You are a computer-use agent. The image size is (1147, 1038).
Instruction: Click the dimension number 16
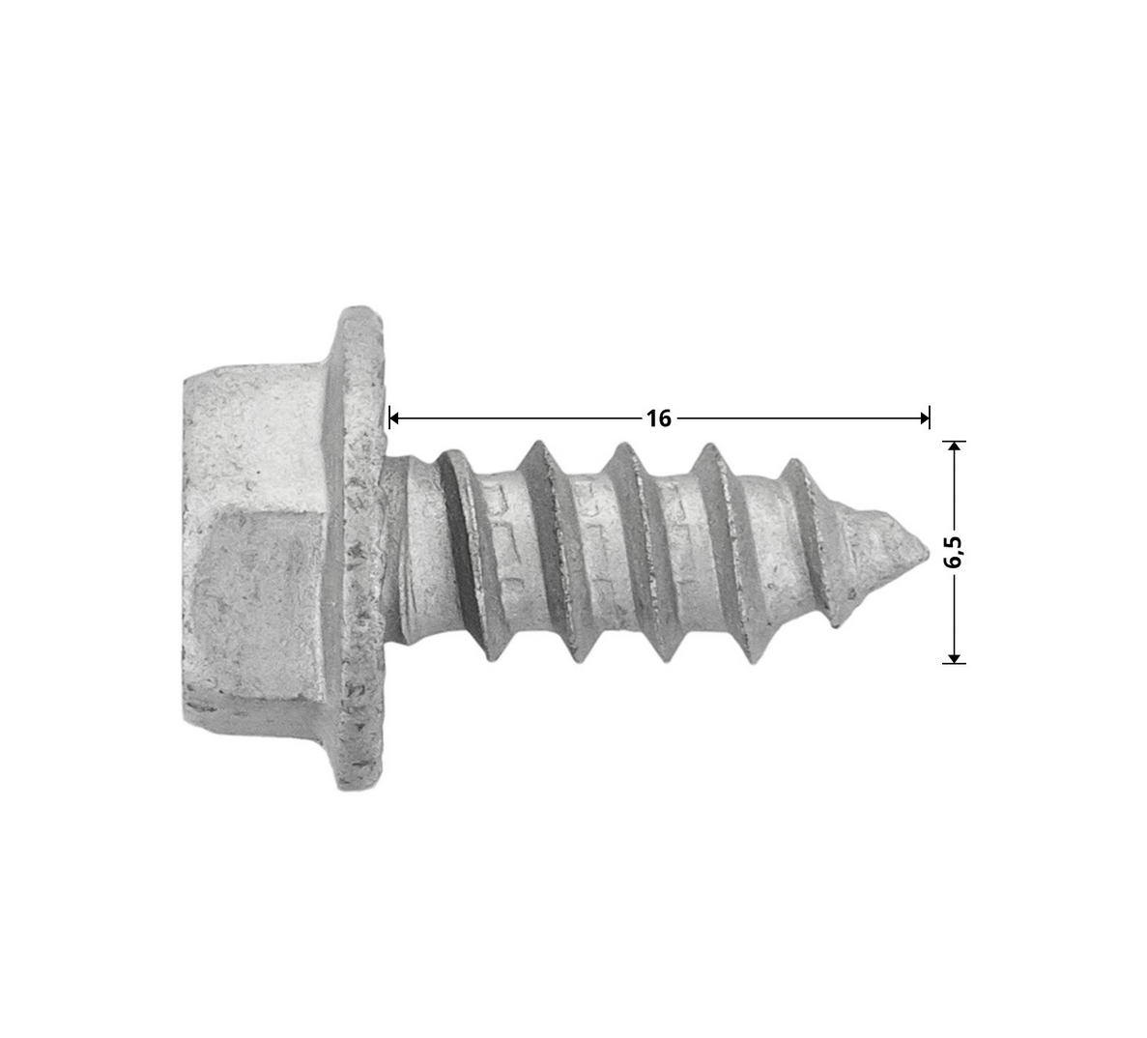pos(658,418)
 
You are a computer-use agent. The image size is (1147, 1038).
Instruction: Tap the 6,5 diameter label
pos(954,552)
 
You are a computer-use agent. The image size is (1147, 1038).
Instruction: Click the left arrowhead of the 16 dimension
pos(394,418)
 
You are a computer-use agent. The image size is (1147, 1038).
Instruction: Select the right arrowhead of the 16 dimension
pos(924,418)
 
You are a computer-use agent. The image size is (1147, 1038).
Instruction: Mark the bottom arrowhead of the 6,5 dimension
pos(954,657)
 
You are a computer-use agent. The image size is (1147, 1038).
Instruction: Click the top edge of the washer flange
pos(360,311)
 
